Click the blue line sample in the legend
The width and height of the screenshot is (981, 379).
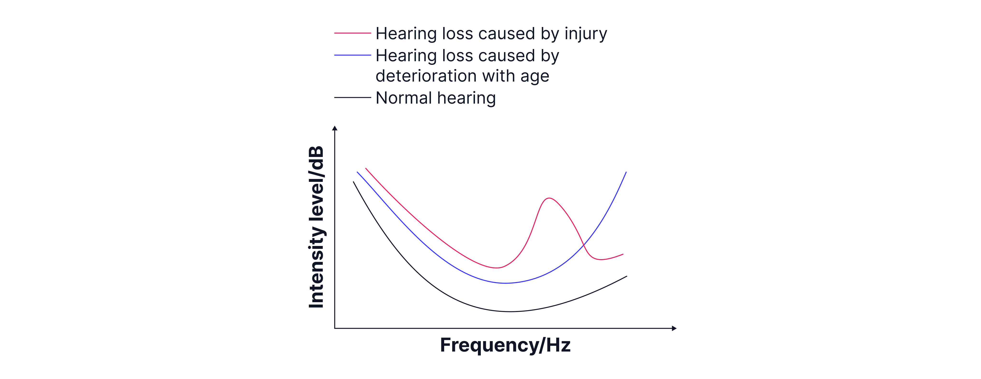coord(352,56)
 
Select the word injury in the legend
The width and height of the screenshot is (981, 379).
coord(586,34)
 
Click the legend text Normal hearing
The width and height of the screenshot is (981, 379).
coord(436,98)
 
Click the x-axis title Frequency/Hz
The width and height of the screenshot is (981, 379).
coord(505,345)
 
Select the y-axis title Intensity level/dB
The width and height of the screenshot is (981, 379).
coord(317,227)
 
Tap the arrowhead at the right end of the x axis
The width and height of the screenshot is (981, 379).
coord(674,328)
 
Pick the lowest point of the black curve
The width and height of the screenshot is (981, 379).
coord(510,312)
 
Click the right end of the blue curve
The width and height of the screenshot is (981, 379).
coord(626,172)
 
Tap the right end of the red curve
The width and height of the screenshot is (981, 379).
coord(623,254)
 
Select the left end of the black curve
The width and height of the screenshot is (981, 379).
coord(353,182)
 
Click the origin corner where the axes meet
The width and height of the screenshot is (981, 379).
coord(335,328)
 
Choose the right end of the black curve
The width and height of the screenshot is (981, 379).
coord(626,276)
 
